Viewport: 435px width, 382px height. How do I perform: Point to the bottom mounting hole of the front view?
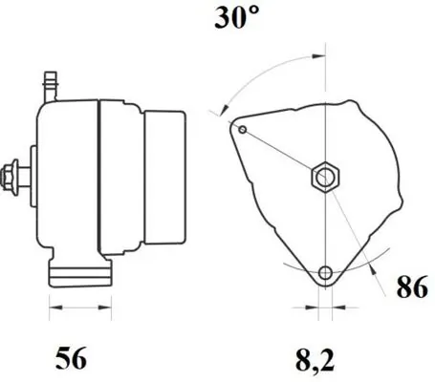point(326,274)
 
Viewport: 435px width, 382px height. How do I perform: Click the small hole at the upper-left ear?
point(243,129)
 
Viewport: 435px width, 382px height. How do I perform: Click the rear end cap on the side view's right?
point(164,180)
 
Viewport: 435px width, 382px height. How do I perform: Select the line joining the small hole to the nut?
point(282,152)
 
